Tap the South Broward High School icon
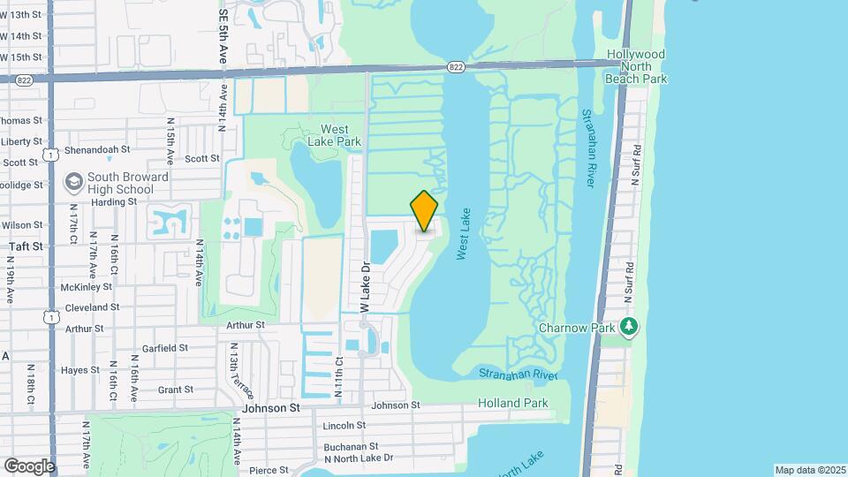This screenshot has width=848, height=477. pyautogui.click(x=74, y=182)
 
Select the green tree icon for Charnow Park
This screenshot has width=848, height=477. pyautogui.click(x=629, y=327)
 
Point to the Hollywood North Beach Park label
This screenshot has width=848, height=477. pyautogui.click(x=636, y=66)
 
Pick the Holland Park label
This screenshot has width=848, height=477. pyautogui.click(x=513, y=404)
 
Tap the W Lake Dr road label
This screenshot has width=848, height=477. pyautogui.click(x=363, y=285)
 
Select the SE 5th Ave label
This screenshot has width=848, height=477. pyautogui.click(x=222, y=36)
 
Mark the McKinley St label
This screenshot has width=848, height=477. pyautogui.click(x=87, y=287)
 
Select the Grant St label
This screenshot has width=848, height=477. pyautogui.click(x=175, y=390)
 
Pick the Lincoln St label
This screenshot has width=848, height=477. pyautogui.click(x=344, y=426)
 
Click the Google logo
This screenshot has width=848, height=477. pyautogui.click(x=29, y=466)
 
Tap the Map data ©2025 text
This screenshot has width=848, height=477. pyautogui.click(x=809, y=470)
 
